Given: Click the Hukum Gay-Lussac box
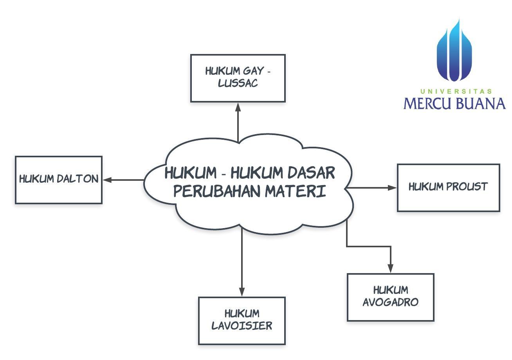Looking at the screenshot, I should point(238,78).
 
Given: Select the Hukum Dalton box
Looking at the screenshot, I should point(59,180).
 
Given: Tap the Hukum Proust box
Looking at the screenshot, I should point(448,188).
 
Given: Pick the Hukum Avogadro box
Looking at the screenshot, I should point(390,297).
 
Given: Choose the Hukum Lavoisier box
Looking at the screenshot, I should point(242,320).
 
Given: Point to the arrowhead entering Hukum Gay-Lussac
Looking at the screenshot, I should point(238,107).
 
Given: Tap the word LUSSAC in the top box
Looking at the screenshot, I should point(238,83).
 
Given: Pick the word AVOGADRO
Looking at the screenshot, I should point(390,302).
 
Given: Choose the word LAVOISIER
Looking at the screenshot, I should point(242,326).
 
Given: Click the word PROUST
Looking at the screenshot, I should point(468,187).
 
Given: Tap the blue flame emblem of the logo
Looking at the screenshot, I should point(454,51).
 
